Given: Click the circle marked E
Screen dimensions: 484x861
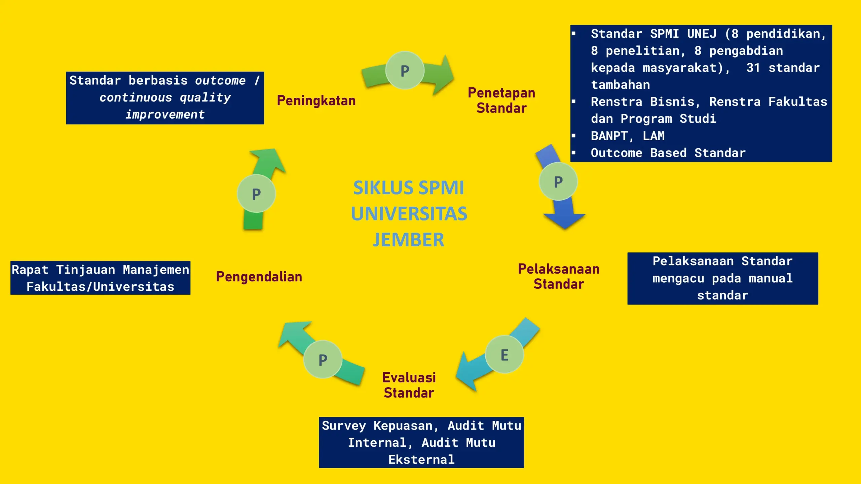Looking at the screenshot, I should [x=504, y=354].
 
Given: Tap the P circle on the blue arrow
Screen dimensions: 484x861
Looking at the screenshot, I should [x=558, y=182].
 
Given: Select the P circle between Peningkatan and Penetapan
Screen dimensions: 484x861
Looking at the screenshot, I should [x=405, y=70].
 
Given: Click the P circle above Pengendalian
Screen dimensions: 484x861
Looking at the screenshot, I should [x=256, y=194].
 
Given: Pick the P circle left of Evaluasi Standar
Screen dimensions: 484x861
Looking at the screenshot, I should [x=323, y=359].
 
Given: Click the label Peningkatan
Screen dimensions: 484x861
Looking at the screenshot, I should [x=316, y=100].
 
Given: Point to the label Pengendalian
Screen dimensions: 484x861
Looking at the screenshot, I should [x=259, y=277].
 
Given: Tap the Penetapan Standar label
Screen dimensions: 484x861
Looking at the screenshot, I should [x=501, y=100].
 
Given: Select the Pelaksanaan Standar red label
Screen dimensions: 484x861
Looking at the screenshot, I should [x=559, y=276].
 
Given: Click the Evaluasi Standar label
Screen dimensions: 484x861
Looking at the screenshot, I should [x=409, y=385].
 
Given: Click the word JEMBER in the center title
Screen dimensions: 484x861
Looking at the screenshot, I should [x=409, y=240].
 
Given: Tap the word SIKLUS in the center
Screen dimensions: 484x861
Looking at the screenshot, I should [x=382, y=188].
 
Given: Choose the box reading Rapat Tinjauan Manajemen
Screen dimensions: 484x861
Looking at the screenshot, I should [x=100, y=278].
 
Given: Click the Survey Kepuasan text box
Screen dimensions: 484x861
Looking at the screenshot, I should [x=421, y=442].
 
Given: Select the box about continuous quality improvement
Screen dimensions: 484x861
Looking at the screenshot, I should [x=165, y=98].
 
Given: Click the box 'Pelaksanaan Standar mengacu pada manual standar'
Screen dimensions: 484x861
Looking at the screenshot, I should [x=722, y=278].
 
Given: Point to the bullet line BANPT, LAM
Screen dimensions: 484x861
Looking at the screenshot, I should [x=628, y=136].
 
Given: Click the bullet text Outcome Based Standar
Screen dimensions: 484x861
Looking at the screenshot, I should [x=668, y=153].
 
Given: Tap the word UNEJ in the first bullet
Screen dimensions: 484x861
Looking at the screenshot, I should [x=702, y=34].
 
